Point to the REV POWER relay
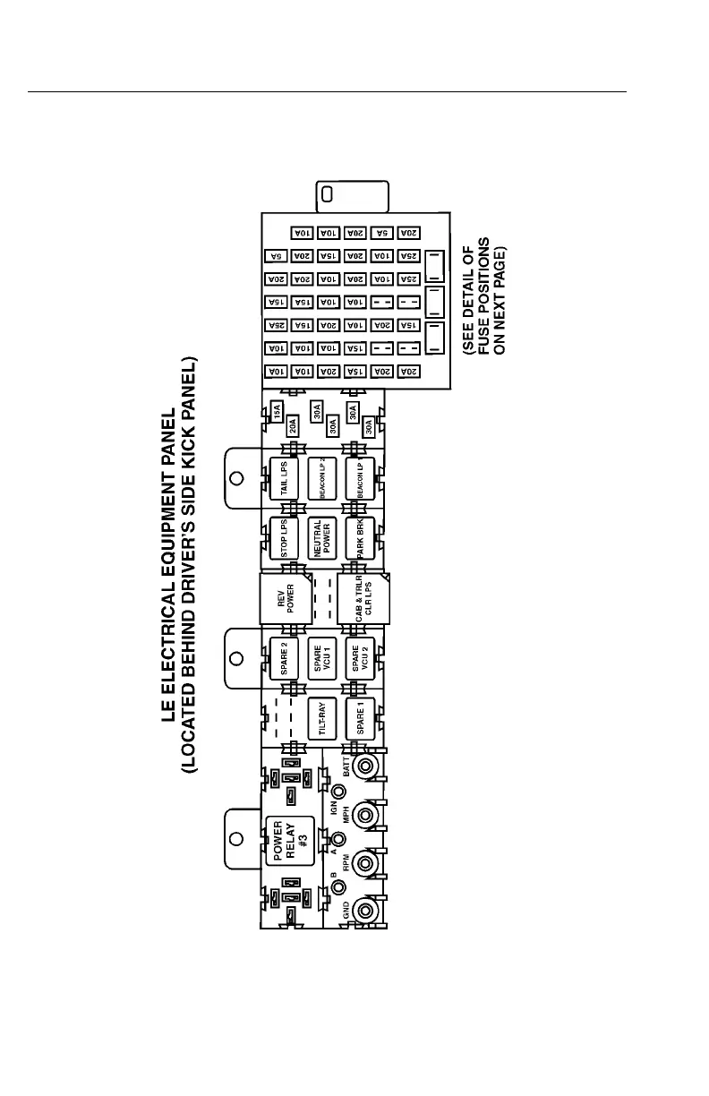(285, 597)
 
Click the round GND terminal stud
(364, 911)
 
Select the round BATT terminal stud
(364, 766)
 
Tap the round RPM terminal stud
(364, 863)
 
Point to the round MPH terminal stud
(364, 815)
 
